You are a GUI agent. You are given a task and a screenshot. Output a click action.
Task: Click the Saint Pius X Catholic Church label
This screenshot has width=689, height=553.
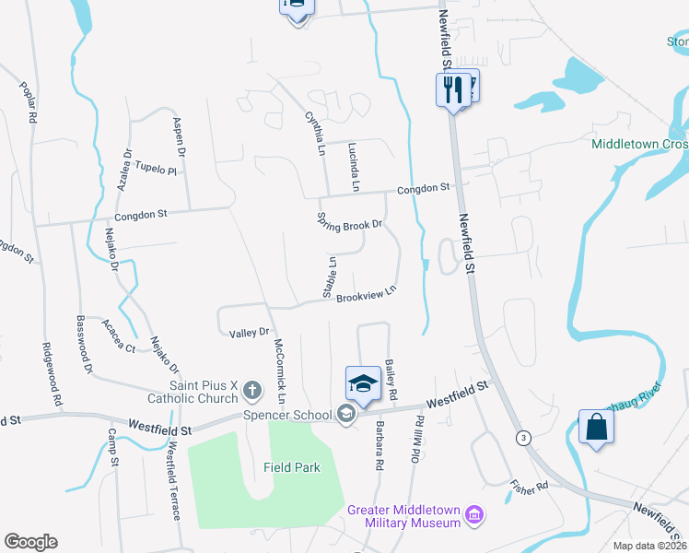point(192,393)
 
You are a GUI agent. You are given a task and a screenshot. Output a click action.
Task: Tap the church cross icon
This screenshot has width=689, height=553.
point(251,393)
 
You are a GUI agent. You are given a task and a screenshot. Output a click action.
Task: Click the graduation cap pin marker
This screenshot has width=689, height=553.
point(363,384)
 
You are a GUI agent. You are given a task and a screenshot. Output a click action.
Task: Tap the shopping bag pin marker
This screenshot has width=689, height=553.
point(597,427)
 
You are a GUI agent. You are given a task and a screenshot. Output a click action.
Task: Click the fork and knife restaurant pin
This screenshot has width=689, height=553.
point(452,89)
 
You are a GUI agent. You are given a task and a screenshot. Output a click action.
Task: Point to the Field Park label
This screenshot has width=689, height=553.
point(292,467)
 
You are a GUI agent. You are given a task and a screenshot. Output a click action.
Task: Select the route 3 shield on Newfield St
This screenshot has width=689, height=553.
point(523,436)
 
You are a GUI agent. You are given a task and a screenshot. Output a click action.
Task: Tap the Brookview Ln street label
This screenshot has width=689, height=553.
point(366,294)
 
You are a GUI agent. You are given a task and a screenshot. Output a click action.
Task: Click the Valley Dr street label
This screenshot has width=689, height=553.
point(249,332)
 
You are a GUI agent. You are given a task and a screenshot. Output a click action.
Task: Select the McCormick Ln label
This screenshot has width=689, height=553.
point(279,372)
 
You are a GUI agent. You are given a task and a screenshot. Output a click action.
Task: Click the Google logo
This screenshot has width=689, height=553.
point(30,542)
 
